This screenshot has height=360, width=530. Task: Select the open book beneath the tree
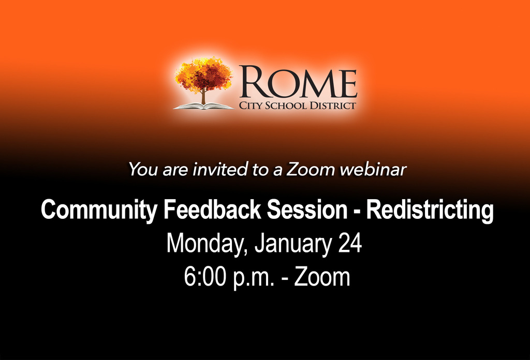pos(203,107)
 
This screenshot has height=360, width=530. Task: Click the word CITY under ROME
pos(251,106)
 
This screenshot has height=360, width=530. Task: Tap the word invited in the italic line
pos(220,169)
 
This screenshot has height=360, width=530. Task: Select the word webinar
pos(373,169)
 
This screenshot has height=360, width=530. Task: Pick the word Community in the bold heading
pos(99,210)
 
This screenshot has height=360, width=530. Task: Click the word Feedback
pos(212,209)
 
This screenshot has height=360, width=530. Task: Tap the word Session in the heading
pos(307,209)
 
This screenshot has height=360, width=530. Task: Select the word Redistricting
pos(430,210)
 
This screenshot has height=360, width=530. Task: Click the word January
pos(293,244)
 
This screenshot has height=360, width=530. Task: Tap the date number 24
pos(350,243)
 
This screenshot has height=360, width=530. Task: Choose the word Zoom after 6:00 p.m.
pos(322,277)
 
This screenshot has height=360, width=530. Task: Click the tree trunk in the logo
pos(203,96)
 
